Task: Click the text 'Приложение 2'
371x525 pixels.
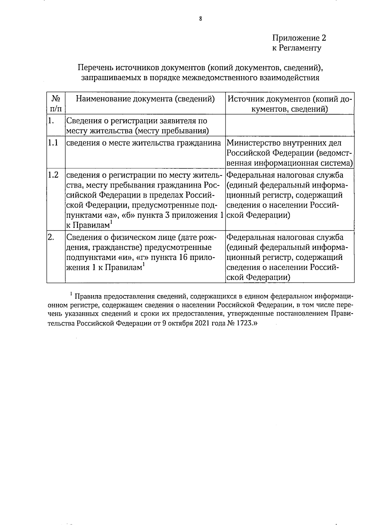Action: tap(299, 38)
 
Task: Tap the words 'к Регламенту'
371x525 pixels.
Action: tap(296, 48)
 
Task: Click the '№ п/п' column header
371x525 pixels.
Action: tap(56, 103)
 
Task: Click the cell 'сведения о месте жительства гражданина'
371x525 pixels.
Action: tap(144, 143)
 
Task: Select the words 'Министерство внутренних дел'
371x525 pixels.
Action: tap(284, 143)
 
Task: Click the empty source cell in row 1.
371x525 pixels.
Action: tap(290, 125)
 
